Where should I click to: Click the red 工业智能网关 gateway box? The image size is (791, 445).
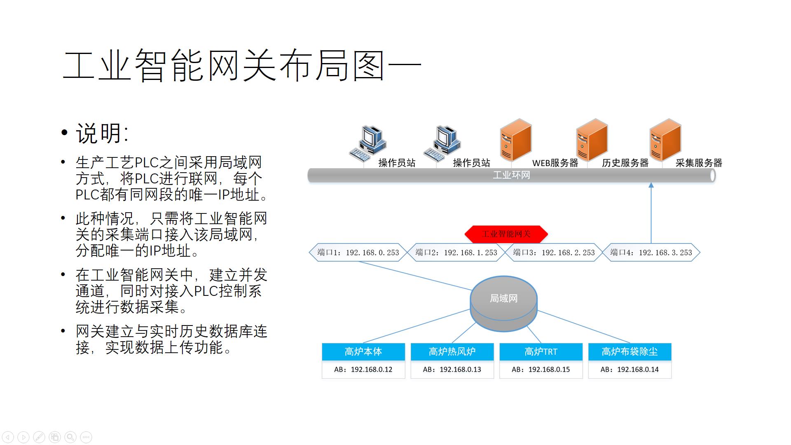coord(506,234)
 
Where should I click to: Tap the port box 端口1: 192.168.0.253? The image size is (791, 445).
coord(358,253)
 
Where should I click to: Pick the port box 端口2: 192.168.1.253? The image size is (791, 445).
coord(456,253)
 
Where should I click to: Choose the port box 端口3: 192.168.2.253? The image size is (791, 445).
coord(554,253)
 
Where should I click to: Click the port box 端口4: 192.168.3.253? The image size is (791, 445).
coord(651,253)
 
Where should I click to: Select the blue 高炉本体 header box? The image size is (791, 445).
coord(363,351)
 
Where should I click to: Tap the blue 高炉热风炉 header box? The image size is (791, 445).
coord(452,351)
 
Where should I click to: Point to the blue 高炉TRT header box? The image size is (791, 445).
coord(541,351)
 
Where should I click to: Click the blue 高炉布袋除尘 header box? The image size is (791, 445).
coord(630,351)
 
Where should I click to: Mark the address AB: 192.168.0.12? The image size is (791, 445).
coord(363,370)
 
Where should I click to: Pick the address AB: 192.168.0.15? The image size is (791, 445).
coord(541,370)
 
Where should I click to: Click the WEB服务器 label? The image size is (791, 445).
coord(555,163)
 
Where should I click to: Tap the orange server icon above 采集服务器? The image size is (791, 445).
coord(665,140)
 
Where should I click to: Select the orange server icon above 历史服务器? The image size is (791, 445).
coord(592,140)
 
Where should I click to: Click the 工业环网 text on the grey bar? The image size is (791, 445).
coord(511,176)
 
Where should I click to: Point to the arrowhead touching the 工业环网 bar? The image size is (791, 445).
coord(651,185)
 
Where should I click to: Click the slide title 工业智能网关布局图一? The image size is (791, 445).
coord(242,66)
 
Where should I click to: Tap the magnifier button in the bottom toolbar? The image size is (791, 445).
coord(70,437)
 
